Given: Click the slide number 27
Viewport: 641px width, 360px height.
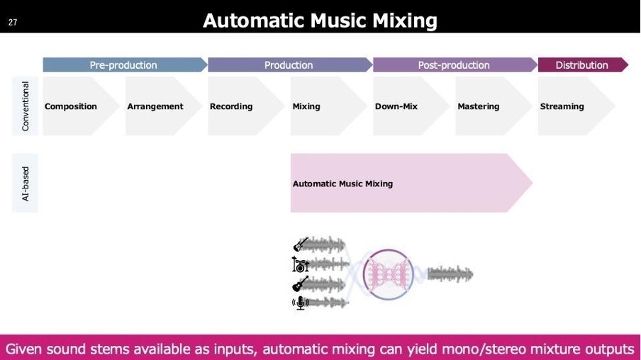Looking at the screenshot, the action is click(x=13, y=22).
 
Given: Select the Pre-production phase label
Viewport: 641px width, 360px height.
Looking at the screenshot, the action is click(x=123, y=65).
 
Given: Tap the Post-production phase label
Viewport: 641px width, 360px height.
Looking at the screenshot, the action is click(x=453, y=65).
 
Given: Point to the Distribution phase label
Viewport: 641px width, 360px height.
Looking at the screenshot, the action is click(x=581, y=65).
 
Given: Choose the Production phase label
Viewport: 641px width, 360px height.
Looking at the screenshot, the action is click(x=288, y=65).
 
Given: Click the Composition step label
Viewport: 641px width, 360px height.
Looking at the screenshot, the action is click(x=71, y=106).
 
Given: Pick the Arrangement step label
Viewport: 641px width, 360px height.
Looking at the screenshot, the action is click(x=155, y=106).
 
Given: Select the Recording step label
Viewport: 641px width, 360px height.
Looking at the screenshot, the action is click(x=231, y=106).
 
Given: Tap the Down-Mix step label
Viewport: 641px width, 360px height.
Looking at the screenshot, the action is click(x=396, y=106).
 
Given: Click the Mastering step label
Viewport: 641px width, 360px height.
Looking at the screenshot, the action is click(x=479, y=106).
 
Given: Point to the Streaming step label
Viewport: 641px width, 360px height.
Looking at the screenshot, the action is click(x=562, y=106).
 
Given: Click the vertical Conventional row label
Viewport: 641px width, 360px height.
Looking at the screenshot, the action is click(x=26, y=106).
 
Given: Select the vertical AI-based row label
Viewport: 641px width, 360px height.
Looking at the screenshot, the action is click(x=26, y=184).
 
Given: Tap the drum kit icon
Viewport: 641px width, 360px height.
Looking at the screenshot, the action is click(x=300, y=264).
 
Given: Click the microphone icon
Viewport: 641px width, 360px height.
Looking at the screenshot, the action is click(x=300, y=303).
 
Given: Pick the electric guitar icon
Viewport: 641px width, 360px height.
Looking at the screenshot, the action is click(x=301, y=244).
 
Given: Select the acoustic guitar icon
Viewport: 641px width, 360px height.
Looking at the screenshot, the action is click(x=301, y=284).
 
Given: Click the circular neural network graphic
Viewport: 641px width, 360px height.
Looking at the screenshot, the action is click(x=389, y=274).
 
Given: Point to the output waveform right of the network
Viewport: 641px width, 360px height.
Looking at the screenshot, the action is click(x=450, y=274).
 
